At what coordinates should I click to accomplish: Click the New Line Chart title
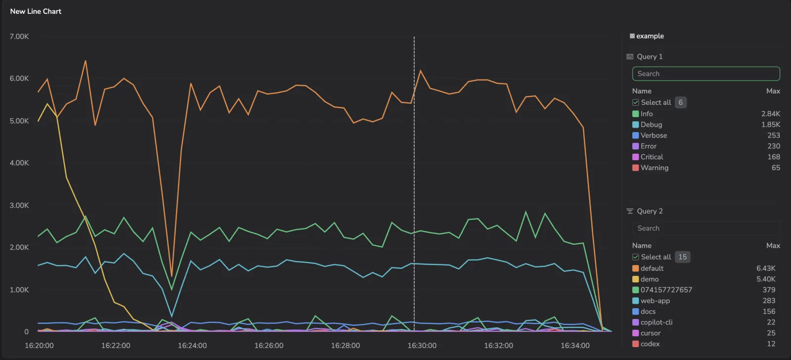pyautogui.click(x=36, y=11)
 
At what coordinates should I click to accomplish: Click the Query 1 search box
pyautogui.click(x=706, y=74)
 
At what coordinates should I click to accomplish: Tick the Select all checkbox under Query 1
pyautogui.click(x=635, y=102)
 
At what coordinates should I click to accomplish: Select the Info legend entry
pyautogui.click(x=647, y=114)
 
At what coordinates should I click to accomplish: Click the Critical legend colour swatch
pyautogui.click(x=635, y=157)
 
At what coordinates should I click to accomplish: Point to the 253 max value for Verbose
pyautogui.click(x=774, y=135)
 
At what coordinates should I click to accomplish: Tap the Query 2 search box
pyautogui.click(x=706, y=228)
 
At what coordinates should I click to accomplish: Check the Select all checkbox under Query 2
pyautogui.click(x=635, y=257)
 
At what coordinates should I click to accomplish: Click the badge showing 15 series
pyautogui.click(x=682, y=257)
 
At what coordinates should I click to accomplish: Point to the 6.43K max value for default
pyautogui.click(x=766, y=268)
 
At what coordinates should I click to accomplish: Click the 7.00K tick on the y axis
pyautogui.click(x=19, y=37)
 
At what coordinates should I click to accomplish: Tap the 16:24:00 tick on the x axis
pyautogui.click(x=192, y=346)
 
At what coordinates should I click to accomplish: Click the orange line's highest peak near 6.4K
pyautogui.click(x=86, y=61)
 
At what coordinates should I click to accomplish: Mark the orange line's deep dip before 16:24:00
pyautogui.click(x=172, y=276)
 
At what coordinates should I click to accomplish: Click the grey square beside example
pyautogui.click(x=632, y=36)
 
